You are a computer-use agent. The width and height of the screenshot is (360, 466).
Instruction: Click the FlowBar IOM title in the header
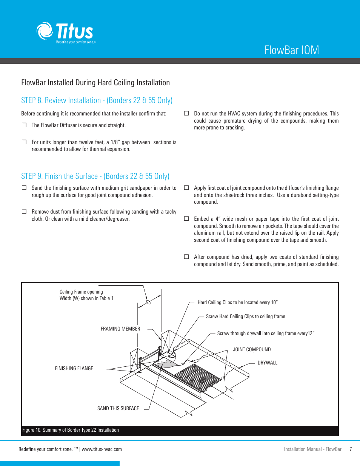pyautogui.click(x=292, y=50)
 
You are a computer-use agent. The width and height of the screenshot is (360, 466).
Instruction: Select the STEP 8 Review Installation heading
pyautogui.click(x=97, y=100)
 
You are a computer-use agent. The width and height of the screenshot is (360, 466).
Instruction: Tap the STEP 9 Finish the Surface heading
pyautogui.click(x=95, y=176)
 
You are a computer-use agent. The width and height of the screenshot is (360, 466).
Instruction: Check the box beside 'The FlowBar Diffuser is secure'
pyautogui.click(x=24, y=125)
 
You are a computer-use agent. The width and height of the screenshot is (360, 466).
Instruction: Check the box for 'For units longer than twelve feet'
pyautogui.click(x=24, y=142)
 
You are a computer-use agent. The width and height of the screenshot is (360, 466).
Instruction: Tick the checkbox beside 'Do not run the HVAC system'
pyautogui.click(x=186, y=113)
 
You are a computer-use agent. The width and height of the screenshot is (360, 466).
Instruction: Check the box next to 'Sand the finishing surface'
pyautogui.click(x=24, y=188)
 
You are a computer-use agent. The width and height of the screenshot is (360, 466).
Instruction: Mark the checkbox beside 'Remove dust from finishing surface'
pyautogui.click(x=24, y=211)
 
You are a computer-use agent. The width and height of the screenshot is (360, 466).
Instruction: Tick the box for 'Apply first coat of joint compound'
pyautogui.click(x=186, y=188)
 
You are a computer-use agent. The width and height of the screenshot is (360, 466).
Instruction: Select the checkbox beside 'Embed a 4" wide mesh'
pyautogui.click(x=186, y=218)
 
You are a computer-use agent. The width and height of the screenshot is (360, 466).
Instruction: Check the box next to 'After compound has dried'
pyautogui.click(x=186, y=257)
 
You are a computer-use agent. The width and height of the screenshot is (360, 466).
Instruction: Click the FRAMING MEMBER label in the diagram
pyautogui.click(x=120, y=329)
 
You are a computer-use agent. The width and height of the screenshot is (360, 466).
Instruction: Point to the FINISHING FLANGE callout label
pyautogui.click(x=74, y=368)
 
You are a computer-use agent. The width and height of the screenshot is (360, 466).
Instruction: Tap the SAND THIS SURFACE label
pyautogui.click(x=118, y=408)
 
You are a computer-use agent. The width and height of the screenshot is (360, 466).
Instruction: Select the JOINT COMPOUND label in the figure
pyautogui.click(x=252, y=349)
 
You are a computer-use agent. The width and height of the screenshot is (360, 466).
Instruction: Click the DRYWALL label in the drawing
pyautogui.click(x=267, y=363)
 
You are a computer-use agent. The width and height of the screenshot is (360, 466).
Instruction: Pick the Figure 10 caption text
pyautogui.click(x=71, y=430)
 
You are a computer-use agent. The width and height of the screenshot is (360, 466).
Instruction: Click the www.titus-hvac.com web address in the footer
pyautogui.click(x=102, y=449)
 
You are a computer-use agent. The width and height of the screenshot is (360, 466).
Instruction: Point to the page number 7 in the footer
pyautogui.click(x=351, y=449)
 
